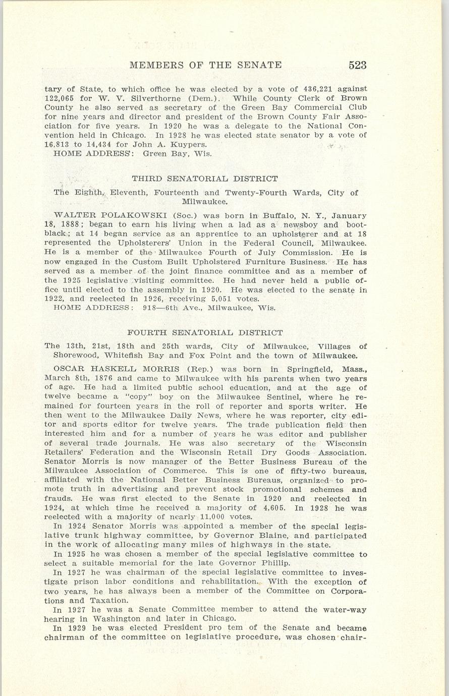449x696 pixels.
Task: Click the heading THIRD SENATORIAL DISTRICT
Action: [x=205, y=179]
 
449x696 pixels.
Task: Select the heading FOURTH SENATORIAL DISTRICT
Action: [x=205, y=333]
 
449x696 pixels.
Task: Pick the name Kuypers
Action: [x=189, y=144]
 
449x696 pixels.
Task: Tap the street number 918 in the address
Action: [x=151, y=308]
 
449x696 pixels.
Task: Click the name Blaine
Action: [x=272, y=536]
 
